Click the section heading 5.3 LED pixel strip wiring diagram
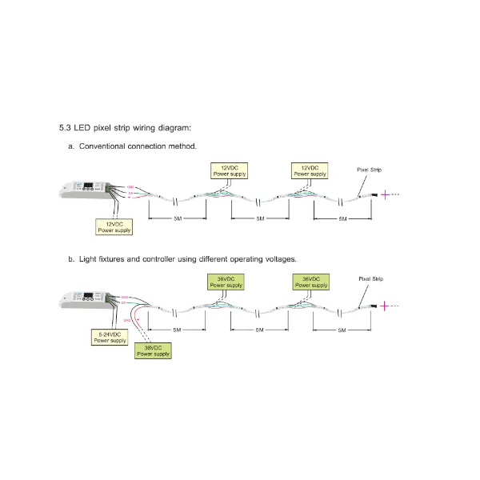click(125, 127)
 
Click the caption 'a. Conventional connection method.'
click(132, 146)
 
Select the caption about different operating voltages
click(182, 259)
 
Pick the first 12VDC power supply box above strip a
click(230, 170)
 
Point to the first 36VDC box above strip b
click(226, 282)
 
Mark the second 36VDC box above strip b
click(310, 282)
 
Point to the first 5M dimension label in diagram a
click(177, 219)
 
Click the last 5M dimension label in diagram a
click(342, 219)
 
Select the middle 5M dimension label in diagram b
click(259, 330)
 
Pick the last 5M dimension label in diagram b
click(342, 330)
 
